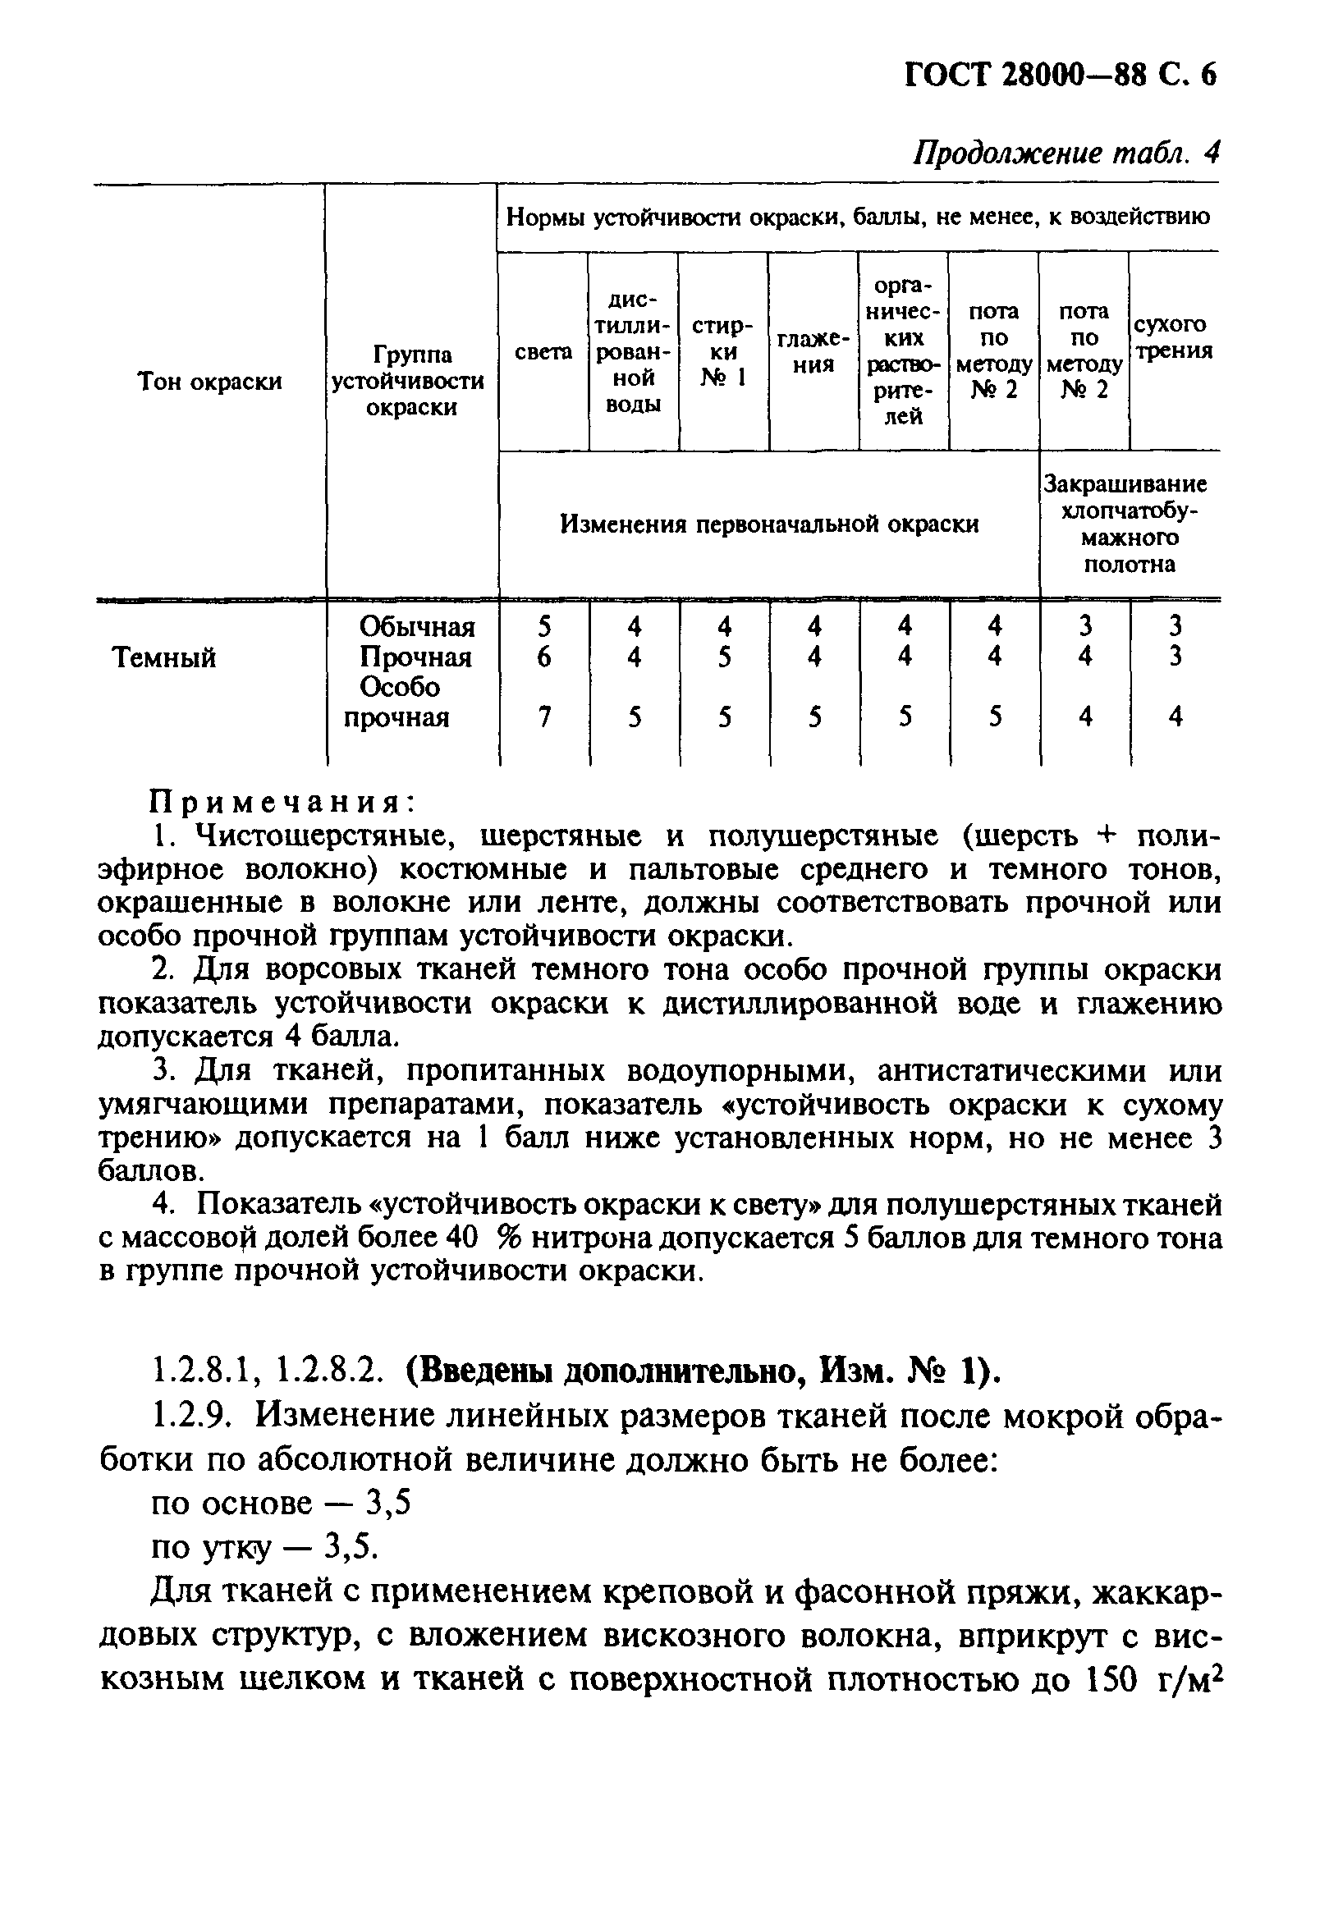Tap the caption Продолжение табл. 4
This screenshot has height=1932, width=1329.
(1066, 153)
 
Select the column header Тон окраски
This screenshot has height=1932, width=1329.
(209, 382)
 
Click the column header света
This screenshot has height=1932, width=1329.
(543, 352)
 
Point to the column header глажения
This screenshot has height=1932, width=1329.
(813, 352)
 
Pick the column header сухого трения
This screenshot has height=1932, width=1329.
(1173, 337)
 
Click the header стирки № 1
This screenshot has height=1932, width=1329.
(723, 352)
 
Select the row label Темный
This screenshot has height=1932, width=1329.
(164, 658)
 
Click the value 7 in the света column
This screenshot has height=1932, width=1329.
(543, 716)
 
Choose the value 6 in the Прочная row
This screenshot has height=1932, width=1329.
(543, 657)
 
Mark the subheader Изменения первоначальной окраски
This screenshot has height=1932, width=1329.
(768, 524)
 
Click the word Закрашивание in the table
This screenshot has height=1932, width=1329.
(1125, 484)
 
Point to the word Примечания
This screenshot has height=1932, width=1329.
(282, 803)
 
